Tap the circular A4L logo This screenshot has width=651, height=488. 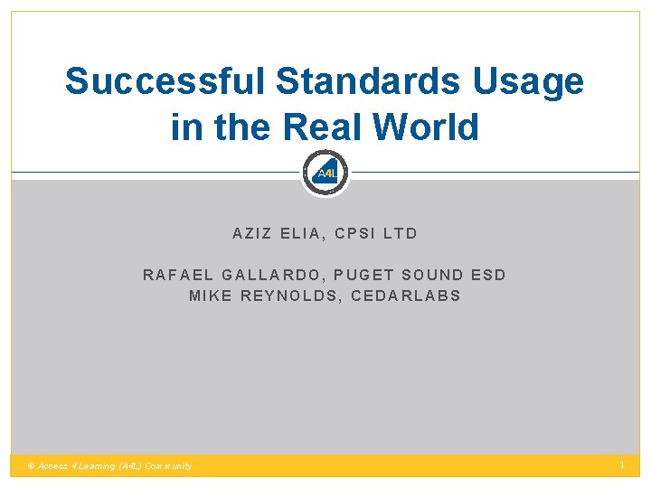(325, 173)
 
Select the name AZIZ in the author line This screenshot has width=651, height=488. (251, 233)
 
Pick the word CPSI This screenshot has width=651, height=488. (354, 233)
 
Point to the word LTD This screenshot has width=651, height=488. (401, 233)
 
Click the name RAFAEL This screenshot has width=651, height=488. (176, 275)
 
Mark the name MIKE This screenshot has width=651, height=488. (210, 296)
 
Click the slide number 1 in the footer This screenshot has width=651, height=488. (622, 465)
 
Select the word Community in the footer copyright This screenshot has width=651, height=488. (166, 466)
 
